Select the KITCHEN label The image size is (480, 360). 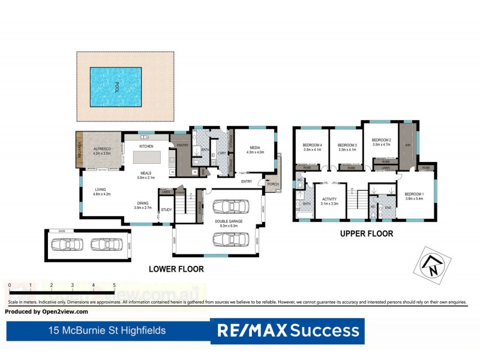click(x=146, y=146)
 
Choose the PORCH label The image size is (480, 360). click(x=273, y=184)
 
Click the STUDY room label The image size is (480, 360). click(x=166, y=209)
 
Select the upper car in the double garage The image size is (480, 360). click(x=230, y=207)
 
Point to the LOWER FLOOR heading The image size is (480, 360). click(x=176, y=269)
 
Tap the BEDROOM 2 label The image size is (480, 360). click(x=382, y=140)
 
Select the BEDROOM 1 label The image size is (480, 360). click(x=414, y=194)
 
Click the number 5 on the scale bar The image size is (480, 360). click(x=114, y=286)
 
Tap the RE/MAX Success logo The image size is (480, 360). click(x=287, y=331)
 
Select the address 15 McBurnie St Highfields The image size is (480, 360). click(x=107, y=331)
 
